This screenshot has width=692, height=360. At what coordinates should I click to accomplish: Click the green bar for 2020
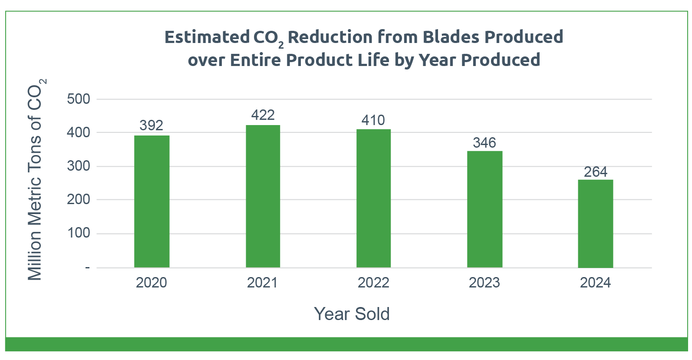(152, 201)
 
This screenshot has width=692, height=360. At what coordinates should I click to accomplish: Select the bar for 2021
(263, 196)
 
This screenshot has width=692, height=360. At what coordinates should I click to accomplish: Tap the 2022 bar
(373, 198)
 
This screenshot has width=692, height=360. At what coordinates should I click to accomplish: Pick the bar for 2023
(484, 209)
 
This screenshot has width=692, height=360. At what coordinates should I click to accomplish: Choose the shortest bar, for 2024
(595, 224)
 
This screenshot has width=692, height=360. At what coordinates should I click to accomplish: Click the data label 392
(152, 126)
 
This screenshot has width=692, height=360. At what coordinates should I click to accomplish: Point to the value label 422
(263, 115)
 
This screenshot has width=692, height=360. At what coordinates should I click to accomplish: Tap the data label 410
(373, 120)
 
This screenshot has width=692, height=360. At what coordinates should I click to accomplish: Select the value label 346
(484, 143)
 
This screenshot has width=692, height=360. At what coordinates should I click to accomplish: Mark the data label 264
(595, 172)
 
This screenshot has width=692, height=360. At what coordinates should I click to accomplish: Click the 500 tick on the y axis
(79, 99)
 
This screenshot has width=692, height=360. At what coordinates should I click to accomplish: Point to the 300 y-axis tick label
(79, 166)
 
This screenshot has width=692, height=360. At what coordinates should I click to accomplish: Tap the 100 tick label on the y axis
(79, 233)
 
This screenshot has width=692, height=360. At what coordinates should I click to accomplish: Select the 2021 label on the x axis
(262, 283)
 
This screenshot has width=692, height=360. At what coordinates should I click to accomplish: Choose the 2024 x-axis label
(595, 283)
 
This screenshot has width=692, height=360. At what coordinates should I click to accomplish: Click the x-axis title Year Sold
(352, 314)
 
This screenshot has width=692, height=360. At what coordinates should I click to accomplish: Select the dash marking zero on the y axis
(88, 268)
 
